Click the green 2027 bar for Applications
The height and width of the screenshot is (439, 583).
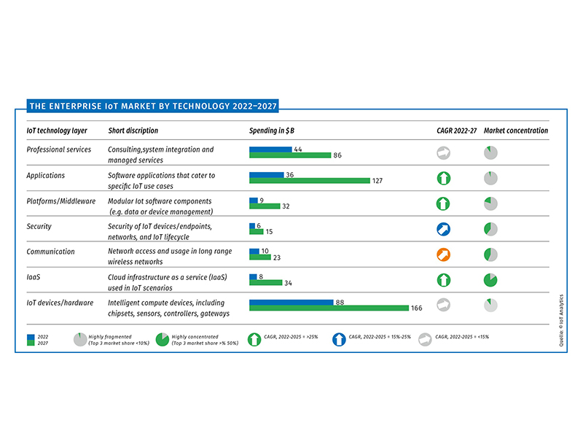tap(309, 180)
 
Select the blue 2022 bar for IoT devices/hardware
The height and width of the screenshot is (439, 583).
tap(290, 302)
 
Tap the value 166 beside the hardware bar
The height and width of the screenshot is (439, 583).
tap(417, 308)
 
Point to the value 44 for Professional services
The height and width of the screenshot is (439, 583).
tap(298, 149)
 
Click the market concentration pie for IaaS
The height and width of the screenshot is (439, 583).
tap(490, 280)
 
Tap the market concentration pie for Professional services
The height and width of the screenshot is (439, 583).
tap(490, 152)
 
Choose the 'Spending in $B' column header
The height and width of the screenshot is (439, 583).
tap(273, 131)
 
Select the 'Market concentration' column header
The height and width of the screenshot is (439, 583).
tap(515, 131)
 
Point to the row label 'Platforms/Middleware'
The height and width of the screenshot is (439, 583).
tap(61, 201)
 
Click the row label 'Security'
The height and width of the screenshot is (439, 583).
tap(39, 226)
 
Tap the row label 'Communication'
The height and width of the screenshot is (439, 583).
tap(50, 252)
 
